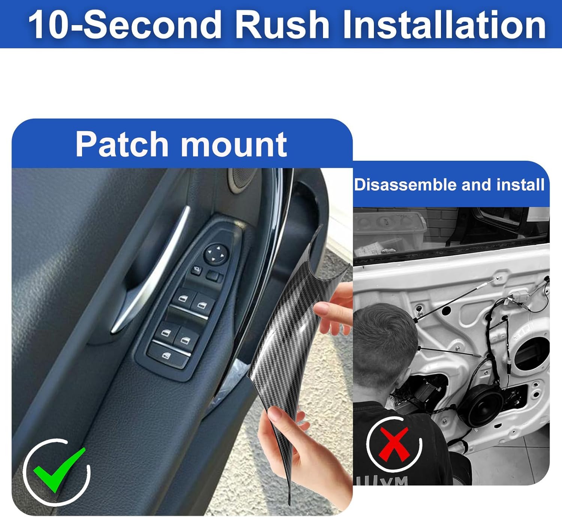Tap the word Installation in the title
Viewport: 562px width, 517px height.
coord(444,25)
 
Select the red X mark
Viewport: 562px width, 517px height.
coord(394,444)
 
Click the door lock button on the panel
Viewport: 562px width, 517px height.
coord(196,270)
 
